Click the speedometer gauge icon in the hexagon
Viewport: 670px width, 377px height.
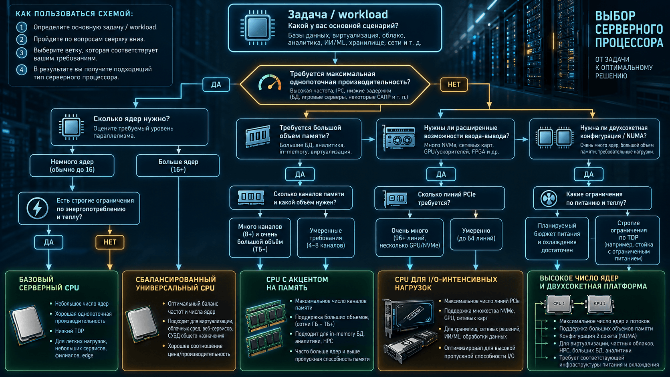[270, 83]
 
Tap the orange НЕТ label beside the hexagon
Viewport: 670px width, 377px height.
[454, 85]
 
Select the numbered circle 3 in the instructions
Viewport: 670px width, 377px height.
[22, 53]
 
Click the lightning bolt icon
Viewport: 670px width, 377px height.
[37, 208]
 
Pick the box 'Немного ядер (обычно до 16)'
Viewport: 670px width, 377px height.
[72, 165]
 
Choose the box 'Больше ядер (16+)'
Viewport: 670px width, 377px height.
[178, 165]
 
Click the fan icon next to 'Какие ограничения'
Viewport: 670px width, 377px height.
[549, 198]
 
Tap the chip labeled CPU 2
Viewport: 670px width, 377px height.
[599, 304]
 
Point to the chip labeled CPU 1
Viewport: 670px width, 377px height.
[559, 304]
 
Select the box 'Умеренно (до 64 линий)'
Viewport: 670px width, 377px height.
[476, 234]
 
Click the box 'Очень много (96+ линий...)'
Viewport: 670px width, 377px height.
[410, 238]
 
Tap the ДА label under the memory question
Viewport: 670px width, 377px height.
[300, 174]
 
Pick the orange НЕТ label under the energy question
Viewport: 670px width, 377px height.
[110, 242]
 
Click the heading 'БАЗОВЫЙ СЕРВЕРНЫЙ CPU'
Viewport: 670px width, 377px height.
[49, 283]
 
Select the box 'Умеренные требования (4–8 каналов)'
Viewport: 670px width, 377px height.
[326, 238]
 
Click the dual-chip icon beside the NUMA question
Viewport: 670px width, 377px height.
[555, 137]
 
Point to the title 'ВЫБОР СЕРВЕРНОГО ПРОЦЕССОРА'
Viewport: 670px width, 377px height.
[629, 29]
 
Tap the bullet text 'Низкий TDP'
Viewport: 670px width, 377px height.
[69, 331]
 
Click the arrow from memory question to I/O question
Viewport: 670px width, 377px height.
[368, 139]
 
